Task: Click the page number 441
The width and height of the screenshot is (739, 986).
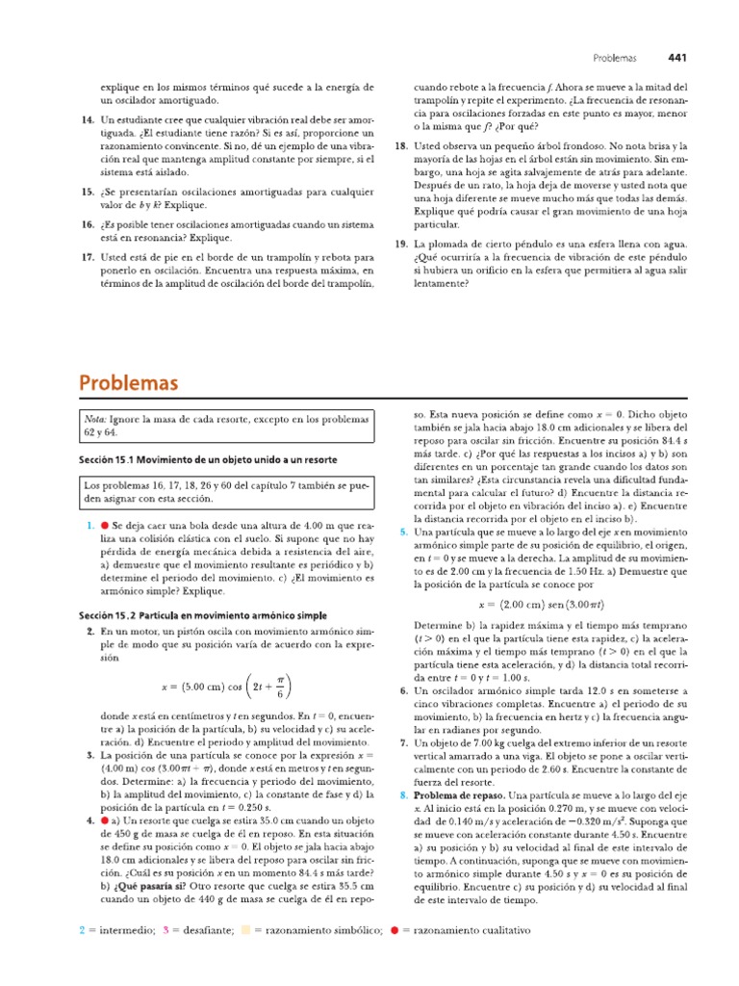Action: [676, 58]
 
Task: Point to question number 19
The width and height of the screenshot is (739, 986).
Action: [402, 246]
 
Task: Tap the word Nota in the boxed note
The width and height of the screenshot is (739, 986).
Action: [95, 420]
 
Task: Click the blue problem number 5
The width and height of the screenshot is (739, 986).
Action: [403, 532]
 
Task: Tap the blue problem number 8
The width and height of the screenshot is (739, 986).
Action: [403, 795]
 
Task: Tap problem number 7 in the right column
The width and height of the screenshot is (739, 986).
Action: [403, 744]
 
